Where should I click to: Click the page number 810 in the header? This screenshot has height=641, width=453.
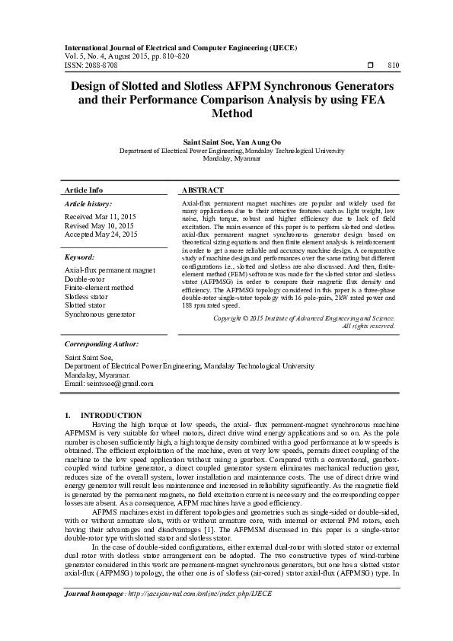pos(394,65)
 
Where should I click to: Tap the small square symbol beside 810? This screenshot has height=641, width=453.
pos(369,65)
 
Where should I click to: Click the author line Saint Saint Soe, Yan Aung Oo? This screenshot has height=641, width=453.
pos(226,142)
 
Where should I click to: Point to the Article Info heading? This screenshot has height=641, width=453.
pos(84,190)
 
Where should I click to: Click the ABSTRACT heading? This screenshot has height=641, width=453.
pos(203,190)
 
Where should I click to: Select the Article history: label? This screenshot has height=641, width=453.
pos(88,204)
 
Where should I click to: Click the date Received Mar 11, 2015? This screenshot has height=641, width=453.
pos(99,217)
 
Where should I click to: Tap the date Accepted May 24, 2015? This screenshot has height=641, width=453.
pos(100,235)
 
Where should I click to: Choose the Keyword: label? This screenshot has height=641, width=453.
pos(79,257)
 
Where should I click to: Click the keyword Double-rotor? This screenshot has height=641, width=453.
pos(86,279)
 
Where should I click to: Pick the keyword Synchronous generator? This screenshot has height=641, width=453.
pos(100,314)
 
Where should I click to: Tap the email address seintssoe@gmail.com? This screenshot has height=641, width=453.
pos(120,384)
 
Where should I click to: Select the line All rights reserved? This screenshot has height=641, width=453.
pos(368,326)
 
